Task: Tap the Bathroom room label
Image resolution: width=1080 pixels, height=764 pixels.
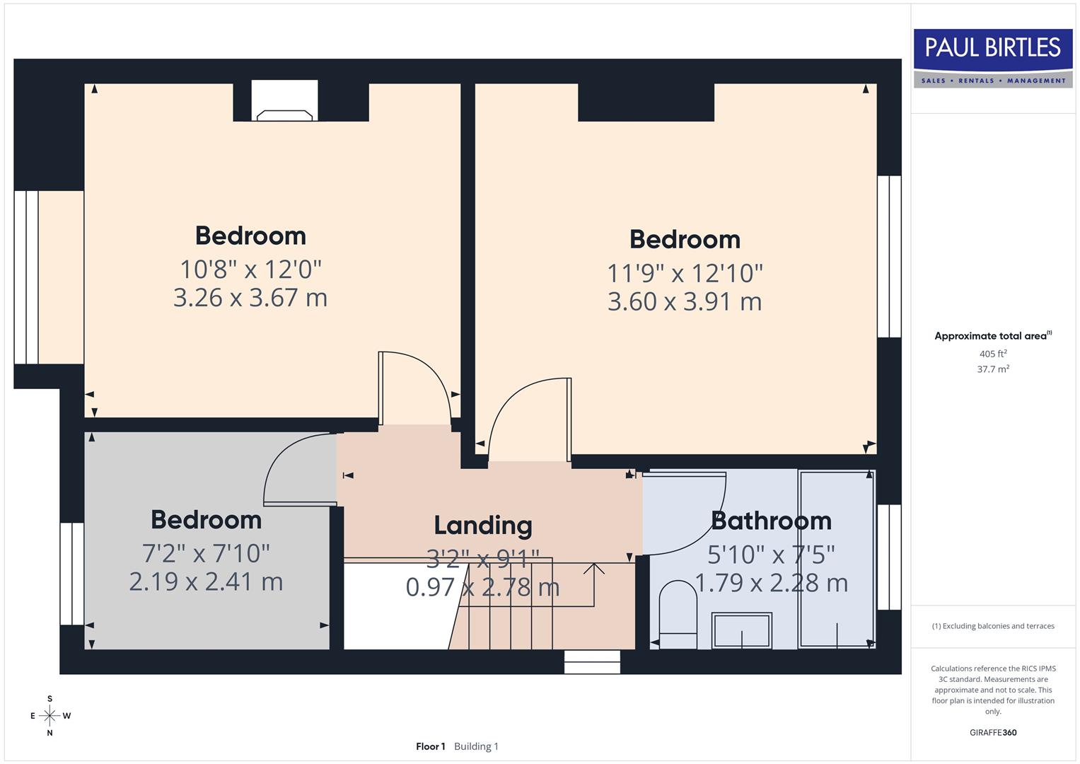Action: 771,521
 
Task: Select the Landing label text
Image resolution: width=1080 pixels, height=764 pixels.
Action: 483,526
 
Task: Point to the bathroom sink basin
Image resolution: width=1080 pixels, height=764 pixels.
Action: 741,630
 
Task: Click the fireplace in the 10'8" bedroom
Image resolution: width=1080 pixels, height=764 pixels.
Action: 284,103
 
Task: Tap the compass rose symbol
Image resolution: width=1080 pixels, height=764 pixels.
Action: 50,716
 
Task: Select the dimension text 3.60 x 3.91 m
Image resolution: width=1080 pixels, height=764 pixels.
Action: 685,302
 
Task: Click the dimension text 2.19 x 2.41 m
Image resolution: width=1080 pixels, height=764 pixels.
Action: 206,581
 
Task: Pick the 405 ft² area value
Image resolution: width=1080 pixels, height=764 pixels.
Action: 993,354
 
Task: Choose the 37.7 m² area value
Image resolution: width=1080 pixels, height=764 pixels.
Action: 993,369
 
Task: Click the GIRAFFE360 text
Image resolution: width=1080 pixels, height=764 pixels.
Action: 993,732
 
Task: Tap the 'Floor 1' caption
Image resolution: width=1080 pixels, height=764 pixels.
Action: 430,746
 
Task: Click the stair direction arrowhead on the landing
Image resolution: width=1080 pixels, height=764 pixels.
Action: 594,567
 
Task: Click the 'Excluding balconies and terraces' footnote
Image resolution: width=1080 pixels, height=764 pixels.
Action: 993,626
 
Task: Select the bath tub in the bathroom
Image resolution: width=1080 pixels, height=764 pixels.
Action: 837,559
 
